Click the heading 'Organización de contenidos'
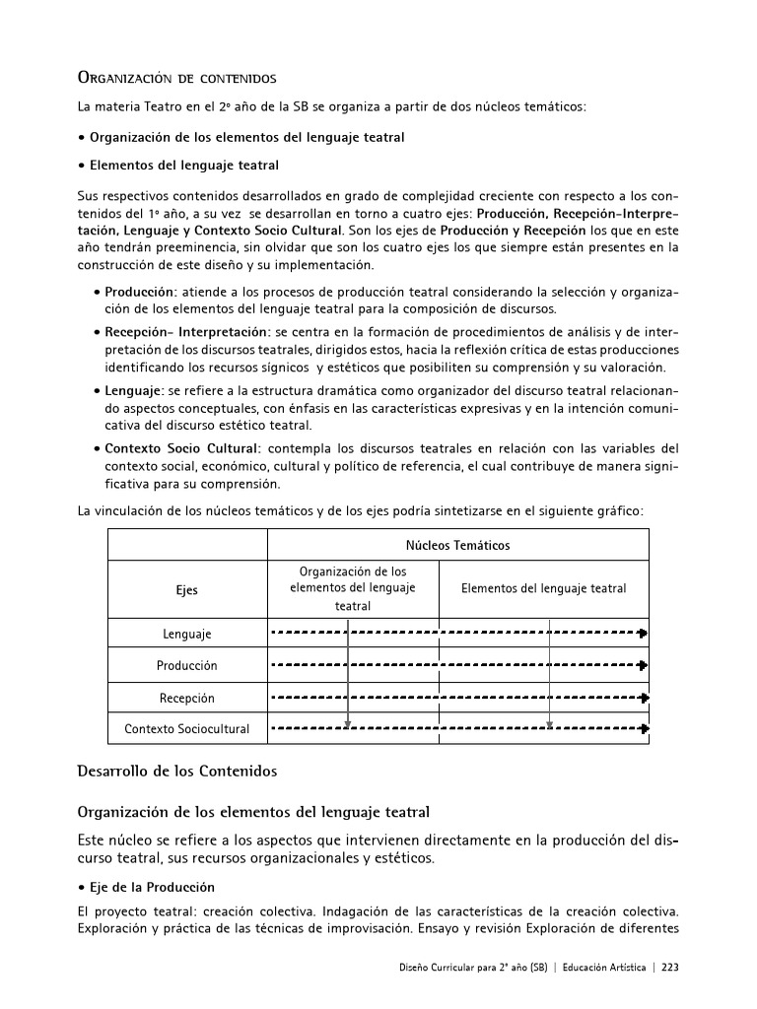pos(176,78)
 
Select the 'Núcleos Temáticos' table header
pos(457,545)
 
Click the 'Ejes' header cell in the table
pos(186,590)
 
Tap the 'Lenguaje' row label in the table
pos(186,634)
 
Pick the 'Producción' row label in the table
pos(186,665)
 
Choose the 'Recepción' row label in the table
pos(186,698)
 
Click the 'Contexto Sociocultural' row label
pos(186,729)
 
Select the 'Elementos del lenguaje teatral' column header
pos(543,588)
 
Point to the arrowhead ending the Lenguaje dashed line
pos(643,634)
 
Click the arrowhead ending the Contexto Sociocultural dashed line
pos(643,729)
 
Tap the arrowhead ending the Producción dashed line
pos(643,665)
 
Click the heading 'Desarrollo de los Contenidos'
pos(176,771)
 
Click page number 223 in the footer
pos(670,967)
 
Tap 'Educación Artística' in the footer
pos(602,967)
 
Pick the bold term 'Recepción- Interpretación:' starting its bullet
pos(187,332)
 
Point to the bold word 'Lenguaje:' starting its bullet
pos(135,390)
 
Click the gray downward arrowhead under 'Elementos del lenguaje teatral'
pos(549,724)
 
